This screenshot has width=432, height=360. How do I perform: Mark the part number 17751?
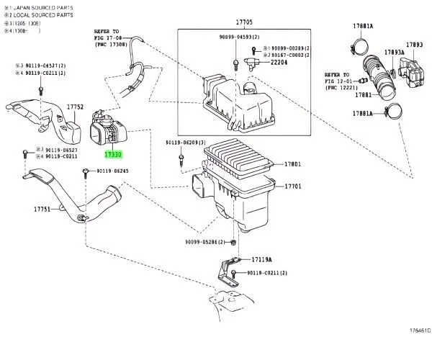(x=42, y=210)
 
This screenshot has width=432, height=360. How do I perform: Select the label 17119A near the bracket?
(x=264, y=258)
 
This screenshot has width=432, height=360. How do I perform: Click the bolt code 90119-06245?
(x=112, y=171)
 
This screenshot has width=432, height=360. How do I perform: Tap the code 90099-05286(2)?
(x=205, y=242)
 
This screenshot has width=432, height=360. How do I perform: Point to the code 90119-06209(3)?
(x=185, y=143)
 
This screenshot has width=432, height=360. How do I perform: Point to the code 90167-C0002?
(x=287, y=53)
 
